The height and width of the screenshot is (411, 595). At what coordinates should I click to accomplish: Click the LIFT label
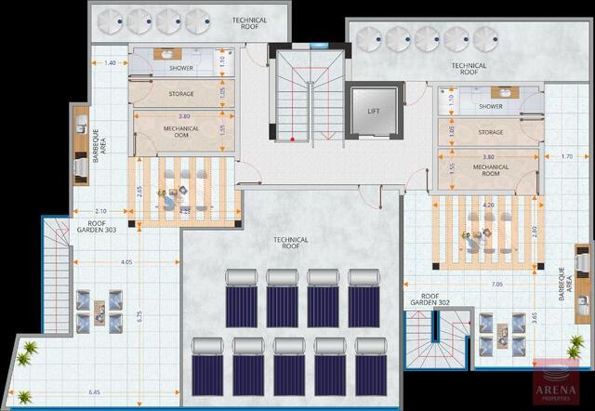coord(373,112)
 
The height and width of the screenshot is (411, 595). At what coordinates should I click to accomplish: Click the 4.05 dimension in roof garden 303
coord(127,262)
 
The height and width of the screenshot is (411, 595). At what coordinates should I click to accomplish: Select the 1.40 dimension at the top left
coord(110,63)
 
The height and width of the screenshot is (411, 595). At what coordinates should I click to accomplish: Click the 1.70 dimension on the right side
coord(566,156)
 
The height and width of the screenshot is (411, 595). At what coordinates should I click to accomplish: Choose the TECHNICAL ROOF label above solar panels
coord(290,244)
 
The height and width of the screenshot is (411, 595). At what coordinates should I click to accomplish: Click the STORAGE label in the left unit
coord(181,94)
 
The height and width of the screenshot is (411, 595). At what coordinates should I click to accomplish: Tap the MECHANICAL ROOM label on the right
coord(490,170)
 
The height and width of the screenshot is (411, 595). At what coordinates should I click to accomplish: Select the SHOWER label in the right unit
coord(491,107)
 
